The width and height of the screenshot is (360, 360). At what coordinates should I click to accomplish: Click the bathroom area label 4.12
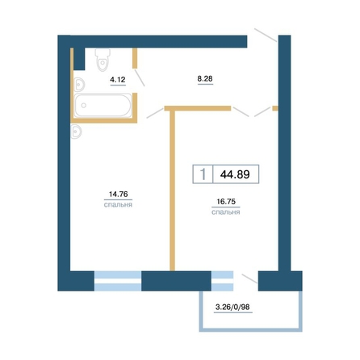pos(118,80)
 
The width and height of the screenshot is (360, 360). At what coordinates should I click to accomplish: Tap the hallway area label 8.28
pos(205,78)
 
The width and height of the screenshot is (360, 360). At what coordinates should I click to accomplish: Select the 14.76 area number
pos(118,194)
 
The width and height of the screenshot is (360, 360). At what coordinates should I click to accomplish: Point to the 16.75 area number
pos(226,201)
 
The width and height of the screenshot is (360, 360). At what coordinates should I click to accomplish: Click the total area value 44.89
pos(235,174)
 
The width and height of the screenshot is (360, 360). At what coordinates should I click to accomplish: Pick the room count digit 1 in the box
pos(203,174)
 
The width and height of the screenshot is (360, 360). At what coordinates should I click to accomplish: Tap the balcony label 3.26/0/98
pos(232,307)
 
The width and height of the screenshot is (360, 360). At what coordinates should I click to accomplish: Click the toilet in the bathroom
pos(103,60)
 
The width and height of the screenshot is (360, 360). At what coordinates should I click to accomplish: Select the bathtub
pos(103,105)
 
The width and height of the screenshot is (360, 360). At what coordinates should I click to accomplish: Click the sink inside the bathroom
pos(78,85)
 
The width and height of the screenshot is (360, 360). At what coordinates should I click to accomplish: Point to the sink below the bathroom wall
pos(76,132)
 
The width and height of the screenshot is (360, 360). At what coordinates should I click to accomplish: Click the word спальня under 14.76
pos(118,205)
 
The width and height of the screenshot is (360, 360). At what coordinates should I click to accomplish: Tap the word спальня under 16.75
pos(226,212)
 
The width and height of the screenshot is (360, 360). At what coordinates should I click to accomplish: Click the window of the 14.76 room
pos(118,281)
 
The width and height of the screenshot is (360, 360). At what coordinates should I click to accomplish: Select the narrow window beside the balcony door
pos(222,281)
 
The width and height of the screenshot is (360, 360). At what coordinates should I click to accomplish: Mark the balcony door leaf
pos(250,278)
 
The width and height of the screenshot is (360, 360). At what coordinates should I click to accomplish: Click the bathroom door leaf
pos(140,77)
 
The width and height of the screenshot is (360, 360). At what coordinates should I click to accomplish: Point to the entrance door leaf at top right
pos(266,36)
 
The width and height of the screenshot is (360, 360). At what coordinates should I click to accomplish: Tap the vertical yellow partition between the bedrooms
pos(173,190)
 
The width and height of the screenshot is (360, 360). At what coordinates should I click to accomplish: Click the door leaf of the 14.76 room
pos(155,113)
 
